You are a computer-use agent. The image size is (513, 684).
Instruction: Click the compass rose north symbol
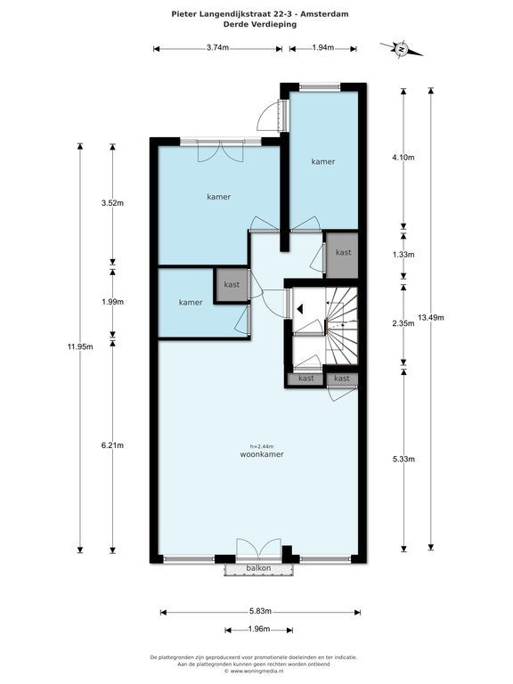(x=402, y=49)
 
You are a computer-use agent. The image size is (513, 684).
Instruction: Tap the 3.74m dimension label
(x=217, y=48)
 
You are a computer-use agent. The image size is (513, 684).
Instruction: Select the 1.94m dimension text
(x=322, y=48)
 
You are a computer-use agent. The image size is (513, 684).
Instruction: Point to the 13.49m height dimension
(x=431, y=318)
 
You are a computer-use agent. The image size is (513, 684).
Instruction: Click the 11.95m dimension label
(x=80, y=347)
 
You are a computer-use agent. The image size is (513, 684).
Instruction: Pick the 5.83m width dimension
(x=260, y=611)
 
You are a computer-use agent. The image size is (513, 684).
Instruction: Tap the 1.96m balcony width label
(x=258, y=629)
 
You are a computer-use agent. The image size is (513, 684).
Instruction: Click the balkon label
(x=258, y=568)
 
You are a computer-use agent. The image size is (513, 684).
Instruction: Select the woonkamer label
(x=262, y=454)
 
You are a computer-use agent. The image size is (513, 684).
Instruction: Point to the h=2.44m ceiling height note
(x=262, y=446)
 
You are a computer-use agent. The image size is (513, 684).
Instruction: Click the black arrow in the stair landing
(x=300, y=309)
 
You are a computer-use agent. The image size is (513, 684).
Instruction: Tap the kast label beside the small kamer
(x=232, y=284)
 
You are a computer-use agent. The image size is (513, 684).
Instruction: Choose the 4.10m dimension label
(x=403, y=158)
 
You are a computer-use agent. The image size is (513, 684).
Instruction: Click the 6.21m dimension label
(x=112, y=445)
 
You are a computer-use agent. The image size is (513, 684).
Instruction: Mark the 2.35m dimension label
(x=403, y=323)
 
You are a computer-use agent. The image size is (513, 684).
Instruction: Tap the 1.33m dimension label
(x=403, y=255)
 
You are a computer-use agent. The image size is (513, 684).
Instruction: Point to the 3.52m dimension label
(x=112, y=203)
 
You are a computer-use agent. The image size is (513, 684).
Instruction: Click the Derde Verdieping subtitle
(x=260, y=24)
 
